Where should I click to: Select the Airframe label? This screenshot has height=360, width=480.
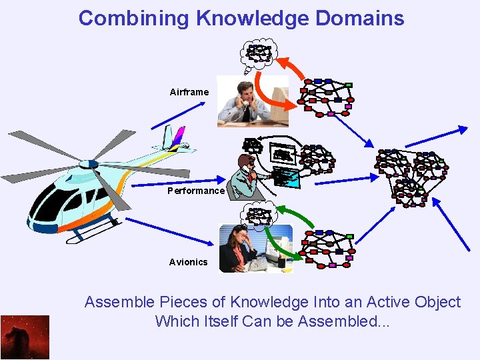point(189,92)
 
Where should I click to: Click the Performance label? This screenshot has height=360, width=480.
point(196,191)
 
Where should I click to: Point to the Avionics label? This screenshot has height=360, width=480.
point(188,262)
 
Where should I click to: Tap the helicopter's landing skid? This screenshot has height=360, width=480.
point(93,233)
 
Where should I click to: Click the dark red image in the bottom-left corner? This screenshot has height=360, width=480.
point(25,337)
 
